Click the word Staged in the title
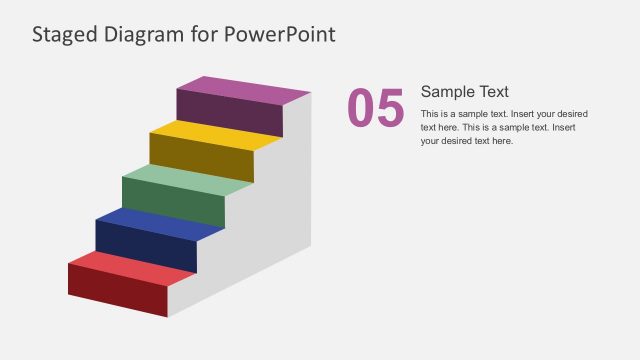63,35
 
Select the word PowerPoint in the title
281,35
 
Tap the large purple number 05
376,109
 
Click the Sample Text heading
465,92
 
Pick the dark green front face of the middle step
173,204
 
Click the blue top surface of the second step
160,224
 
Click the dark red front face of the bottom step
117,291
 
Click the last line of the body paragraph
467,141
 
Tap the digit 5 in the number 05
391,109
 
